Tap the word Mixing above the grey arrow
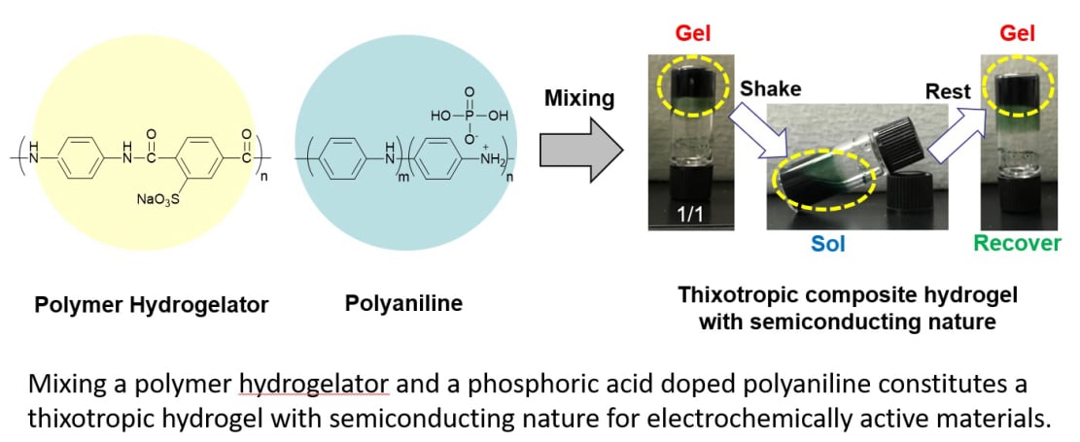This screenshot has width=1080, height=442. (x=579, y=98)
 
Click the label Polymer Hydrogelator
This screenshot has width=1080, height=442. (x=152, y=305)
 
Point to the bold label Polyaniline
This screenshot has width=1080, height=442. (x=403, y=303)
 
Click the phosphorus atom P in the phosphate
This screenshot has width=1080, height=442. (x=469, y=115)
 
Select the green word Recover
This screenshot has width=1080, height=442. (x=1019, y=243)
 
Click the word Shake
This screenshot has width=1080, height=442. (x=771, y=88)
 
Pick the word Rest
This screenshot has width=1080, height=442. (x=948, y=91)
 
